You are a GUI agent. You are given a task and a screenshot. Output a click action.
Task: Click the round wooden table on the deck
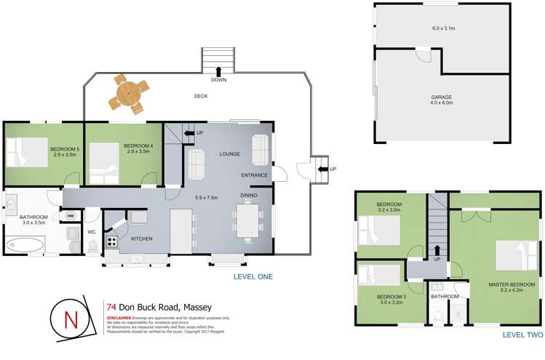tap(128, 94)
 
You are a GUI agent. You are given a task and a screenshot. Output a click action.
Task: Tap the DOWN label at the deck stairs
tap(218, 79)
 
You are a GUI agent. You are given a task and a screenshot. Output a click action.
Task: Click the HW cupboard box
tap(71, 216)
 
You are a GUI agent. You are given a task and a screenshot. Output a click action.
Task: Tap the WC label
tap(92, 233)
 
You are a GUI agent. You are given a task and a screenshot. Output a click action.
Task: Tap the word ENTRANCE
tap(255, 175)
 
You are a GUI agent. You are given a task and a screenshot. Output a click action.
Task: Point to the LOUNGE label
tap(230, 153)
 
